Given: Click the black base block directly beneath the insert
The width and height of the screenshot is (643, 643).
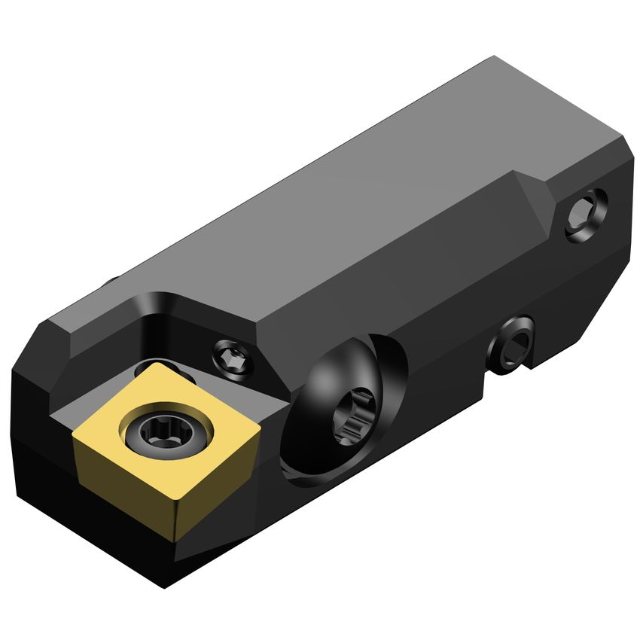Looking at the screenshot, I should (113, 542).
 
